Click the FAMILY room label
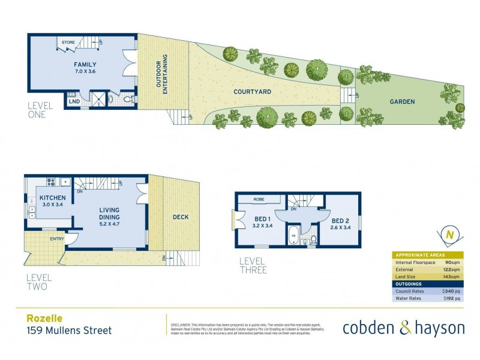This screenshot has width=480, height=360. [x=85, y=65]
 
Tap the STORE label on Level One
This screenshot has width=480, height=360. [x=68, y=43]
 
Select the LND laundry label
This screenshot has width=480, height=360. [x=74, y=102]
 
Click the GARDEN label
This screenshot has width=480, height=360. [x=403, y=101]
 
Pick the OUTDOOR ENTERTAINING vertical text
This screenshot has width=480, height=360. [x=160, y=72]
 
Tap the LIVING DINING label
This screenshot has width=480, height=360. [x=110, y=213]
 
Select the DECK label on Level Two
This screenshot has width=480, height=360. [x=180, y=217]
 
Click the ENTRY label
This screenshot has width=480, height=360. [x=58, y=239]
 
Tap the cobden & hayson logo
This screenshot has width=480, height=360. [x=403, y=327]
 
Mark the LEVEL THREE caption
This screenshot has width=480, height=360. [x=253, y=265]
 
